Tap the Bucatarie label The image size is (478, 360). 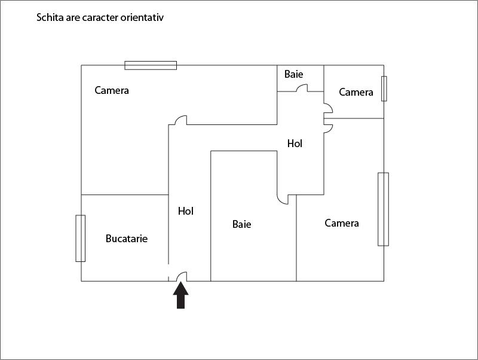[126, 239]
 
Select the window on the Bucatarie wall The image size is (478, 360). [80, 238]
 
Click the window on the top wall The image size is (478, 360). [151, 65]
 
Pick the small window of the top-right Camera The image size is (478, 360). [384, 89]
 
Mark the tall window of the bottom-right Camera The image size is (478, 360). [383, 209]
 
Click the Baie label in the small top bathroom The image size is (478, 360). [293, 74]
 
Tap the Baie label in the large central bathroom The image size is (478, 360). [241, 224]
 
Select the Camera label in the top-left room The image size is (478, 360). [112, 90]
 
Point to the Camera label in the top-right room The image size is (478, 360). [356, 92]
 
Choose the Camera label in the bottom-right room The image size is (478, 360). [342, 223]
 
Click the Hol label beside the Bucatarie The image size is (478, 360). [186, 211]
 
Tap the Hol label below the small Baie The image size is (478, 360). [295, 144]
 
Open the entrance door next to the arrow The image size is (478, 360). [181, 277]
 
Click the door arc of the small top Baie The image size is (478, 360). [302, 89]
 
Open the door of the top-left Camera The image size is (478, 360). [179, 120]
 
